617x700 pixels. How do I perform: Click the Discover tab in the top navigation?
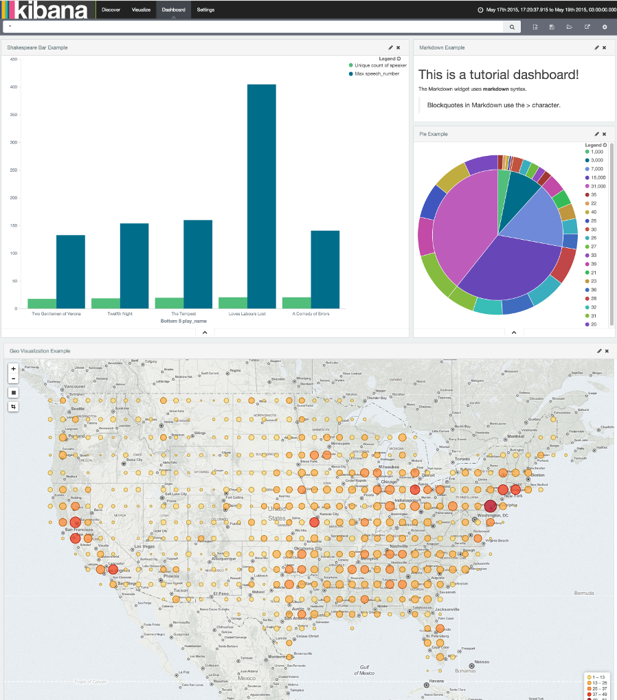point(111,10)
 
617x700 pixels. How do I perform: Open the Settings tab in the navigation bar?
point(205,10)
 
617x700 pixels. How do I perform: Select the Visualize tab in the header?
point(141,10)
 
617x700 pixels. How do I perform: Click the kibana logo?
point(45,10)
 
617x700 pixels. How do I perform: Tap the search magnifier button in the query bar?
point(512,27)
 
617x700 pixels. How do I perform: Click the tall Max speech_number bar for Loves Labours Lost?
point(261,196)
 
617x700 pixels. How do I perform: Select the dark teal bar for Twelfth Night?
point(134,265)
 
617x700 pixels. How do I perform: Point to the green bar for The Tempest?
point(168,303)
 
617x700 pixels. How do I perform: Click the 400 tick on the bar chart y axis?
point(13,87)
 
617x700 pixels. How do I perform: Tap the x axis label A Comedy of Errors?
point(311,313)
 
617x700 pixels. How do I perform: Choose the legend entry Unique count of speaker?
point(380,65)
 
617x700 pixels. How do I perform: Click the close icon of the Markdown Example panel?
point(605,47)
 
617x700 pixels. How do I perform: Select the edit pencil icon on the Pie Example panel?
point(596,134)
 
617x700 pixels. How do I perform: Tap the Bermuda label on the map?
point(584,592)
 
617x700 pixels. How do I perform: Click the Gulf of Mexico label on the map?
point(365,670)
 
